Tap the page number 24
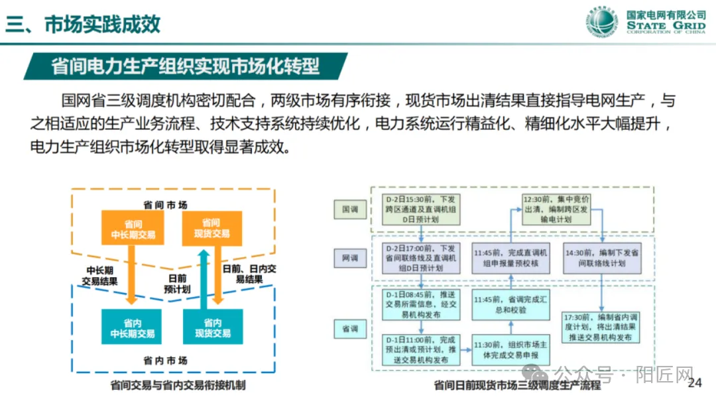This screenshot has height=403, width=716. click(695, 383)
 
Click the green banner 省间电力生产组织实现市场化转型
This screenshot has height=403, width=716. click(186, 66)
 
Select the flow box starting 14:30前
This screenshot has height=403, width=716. click(602, 257)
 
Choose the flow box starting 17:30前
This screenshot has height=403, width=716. click(601, 327)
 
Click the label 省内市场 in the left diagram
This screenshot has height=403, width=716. click(165, 361)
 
